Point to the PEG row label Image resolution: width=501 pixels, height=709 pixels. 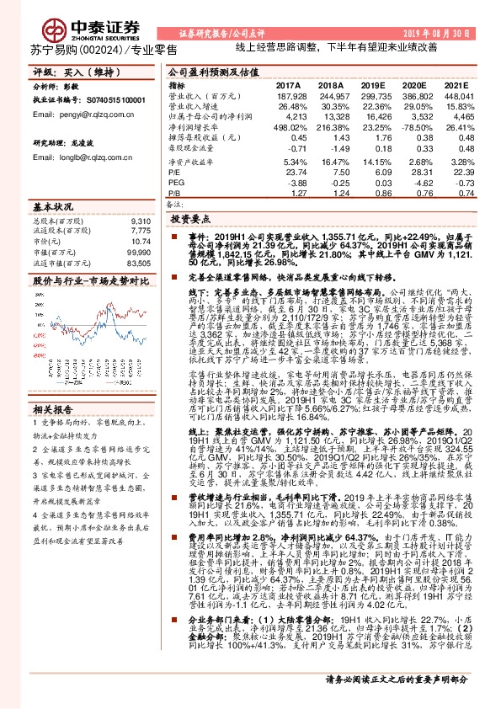[x=176, y=181]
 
